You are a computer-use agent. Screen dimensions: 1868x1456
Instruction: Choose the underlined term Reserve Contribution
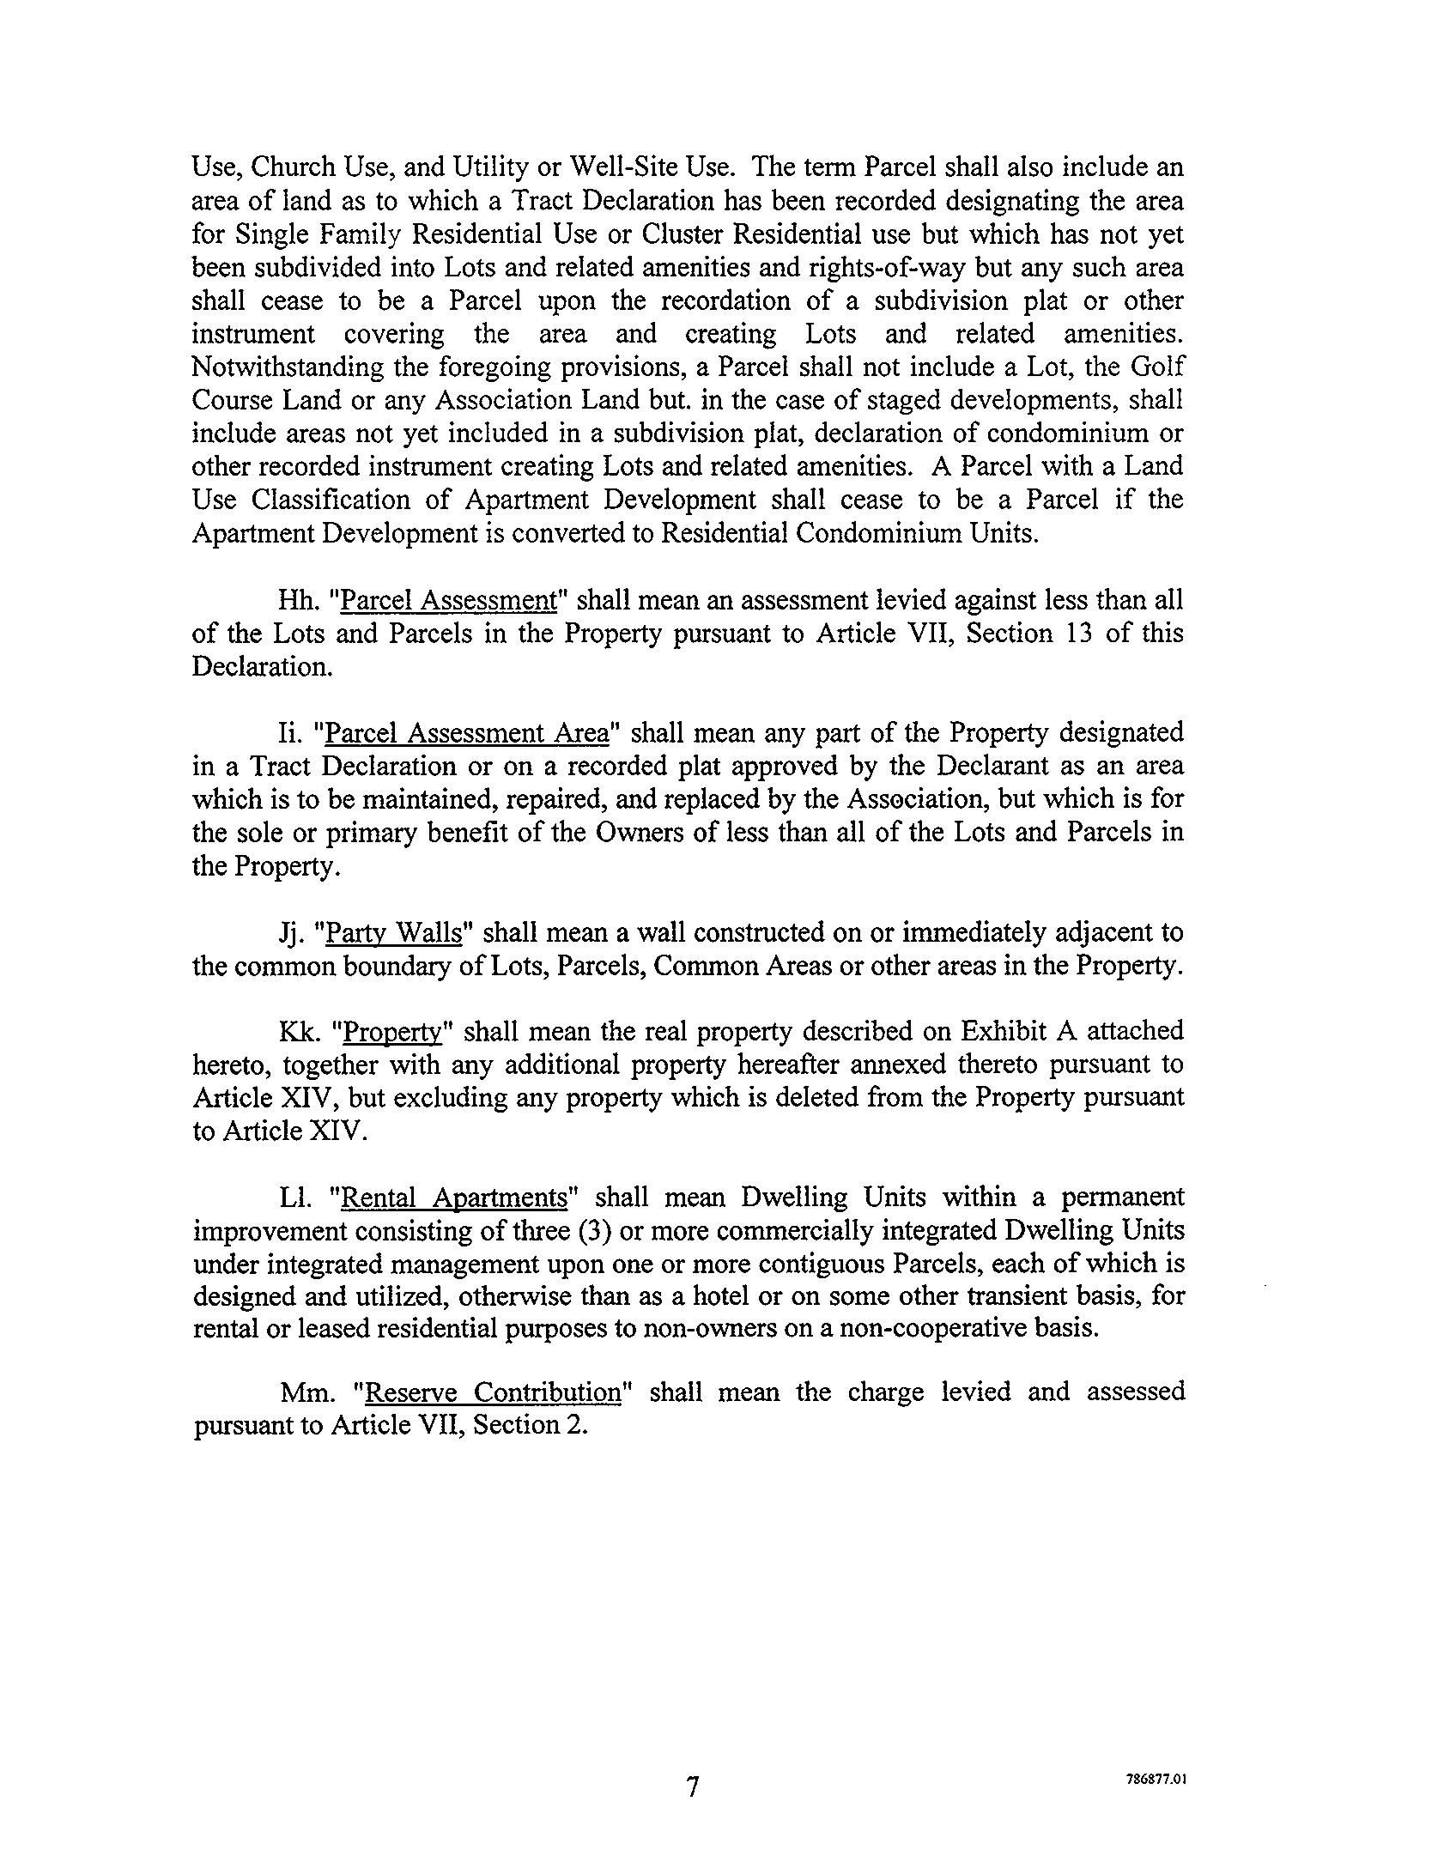[492, 1392]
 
